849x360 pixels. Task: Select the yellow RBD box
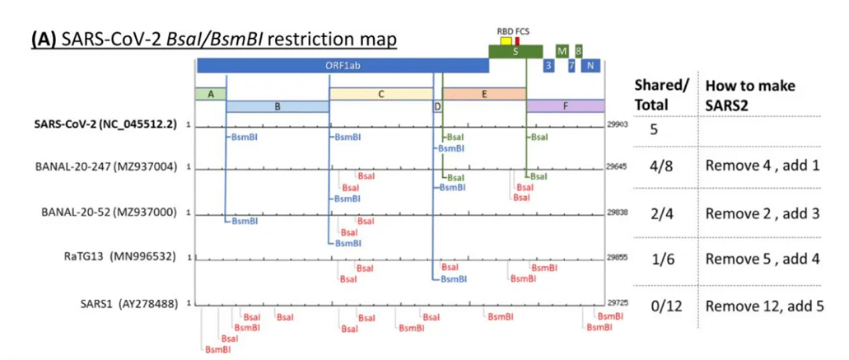pyautogui.click(x=506, y=40)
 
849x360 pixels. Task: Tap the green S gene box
pyautogui.click(x=515, y=51)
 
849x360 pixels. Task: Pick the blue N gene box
pyautogui.click(x=590, y=66)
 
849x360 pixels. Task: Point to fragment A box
pyautogui.click(x=210, y=94)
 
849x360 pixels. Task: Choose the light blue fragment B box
pyautogui.click(x=278, y=106)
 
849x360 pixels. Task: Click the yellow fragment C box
pyautogui.click(x=380, y=94)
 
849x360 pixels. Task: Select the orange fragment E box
pyautogui.click(x=484, y=94)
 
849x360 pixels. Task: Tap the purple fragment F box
pyautogui.click(x=566, y=106)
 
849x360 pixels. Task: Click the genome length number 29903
pyautogui.click(x=618, y=123)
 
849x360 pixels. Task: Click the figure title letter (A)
pyautogui.click(x=43, y=39)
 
